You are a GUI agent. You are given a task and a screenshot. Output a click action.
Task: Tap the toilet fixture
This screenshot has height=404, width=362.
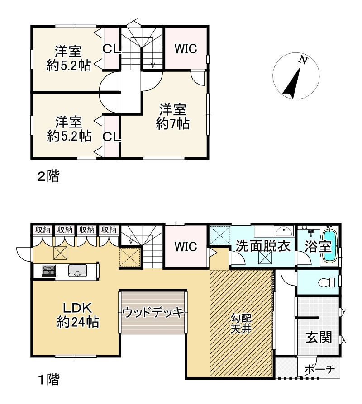[327, 282]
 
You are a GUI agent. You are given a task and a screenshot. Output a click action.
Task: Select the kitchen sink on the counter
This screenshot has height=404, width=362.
[77, 270]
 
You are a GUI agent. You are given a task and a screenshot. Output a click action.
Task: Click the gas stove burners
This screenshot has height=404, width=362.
[48, 271]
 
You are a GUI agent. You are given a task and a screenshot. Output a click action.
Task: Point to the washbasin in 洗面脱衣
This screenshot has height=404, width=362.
[284, 231]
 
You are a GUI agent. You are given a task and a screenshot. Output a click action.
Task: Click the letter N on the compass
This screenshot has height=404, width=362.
[303, 60]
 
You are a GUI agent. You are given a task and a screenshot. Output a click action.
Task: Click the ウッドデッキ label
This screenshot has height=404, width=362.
[153, 312]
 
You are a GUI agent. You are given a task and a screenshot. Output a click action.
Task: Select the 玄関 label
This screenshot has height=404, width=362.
[319, 337]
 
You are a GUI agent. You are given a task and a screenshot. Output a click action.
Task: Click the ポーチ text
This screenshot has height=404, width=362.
[319, 369]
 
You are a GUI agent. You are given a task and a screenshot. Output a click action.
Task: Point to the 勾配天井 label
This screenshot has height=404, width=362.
[241, 324]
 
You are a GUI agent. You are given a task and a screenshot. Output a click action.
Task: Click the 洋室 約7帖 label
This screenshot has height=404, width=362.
[172, 117]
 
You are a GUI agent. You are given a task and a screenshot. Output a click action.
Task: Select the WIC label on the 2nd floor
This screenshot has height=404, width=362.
[186, 49]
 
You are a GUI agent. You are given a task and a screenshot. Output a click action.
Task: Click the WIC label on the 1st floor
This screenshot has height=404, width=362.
[186, 247]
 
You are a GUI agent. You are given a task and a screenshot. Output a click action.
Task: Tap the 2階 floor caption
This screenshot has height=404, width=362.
[48, 177]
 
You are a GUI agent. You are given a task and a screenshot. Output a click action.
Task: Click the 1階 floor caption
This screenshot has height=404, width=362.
[49, 380]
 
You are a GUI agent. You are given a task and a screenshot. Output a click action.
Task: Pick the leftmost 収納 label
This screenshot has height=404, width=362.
[43, 230]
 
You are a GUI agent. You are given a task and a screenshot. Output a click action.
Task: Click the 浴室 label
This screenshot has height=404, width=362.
[318, 247]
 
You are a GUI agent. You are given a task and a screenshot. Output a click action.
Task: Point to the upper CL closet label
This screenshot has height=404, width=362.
[111, 48]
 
